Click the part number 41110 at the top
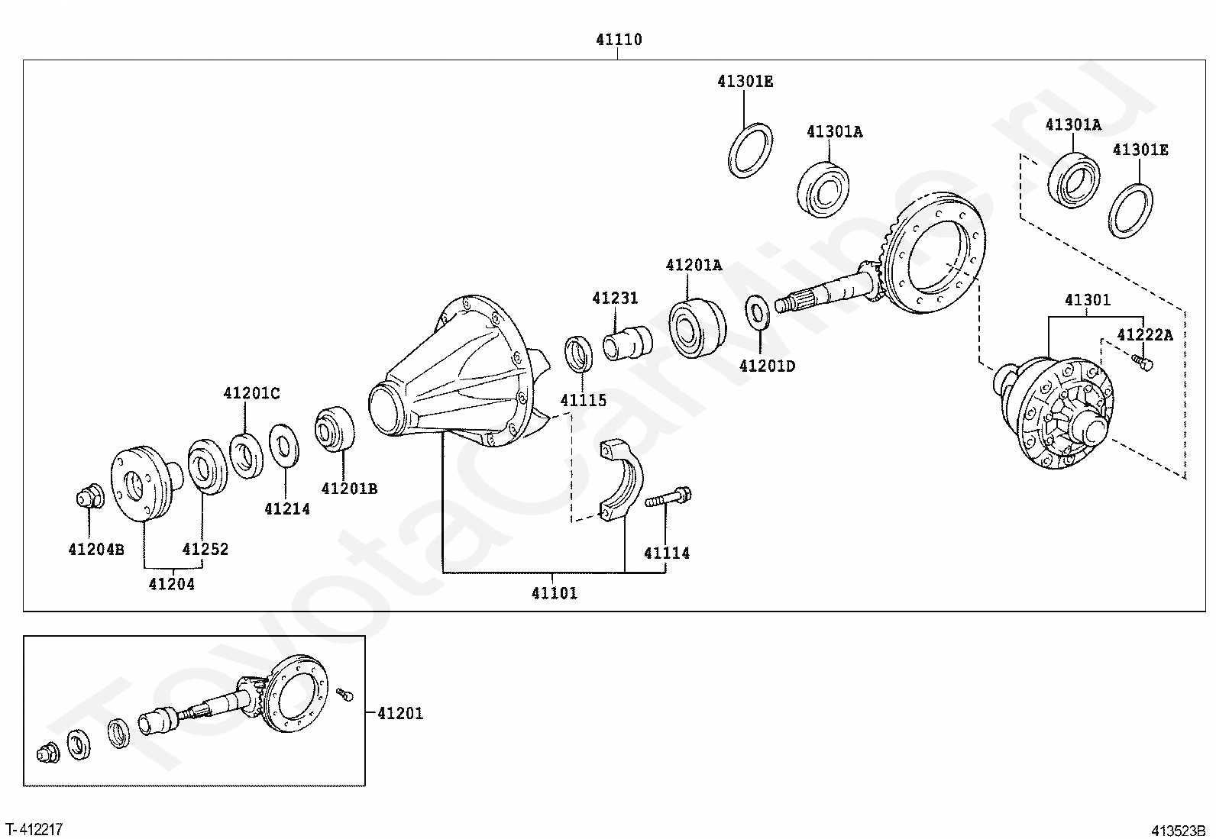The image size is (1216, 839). (619, 40)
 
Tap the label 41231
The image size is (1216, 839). (615, 298)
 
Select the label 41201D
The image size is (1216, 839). (767, 366)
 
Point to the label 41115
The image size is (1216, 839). (583, 401)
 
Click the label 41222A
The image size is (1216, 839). (1145, 335)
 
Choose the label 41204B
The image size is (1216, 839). (96, 550)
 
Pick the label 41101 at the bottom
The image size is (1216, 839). (555, 593)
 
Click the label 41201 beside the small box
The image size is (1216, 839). (400, 714)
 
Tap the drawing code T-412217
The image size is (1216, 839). (34, 829)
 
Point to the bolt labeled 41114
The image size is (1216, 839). (668, 496)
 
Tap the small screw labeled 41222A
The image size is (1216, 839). (1142, 362)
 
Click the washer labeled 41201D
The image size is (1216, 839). (757, 312)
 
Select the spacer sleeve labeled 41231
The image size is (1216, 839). (628, 343)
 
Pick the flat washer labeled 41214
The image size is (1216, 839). (284, 446)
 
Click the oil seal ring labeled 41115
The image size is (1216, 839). (579, 354)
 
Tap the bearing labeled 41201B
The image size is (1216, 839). (335, 429)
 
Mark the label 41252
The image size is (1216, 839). (205, 549)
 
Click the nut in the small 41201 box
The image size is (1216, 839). (48, 752)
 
